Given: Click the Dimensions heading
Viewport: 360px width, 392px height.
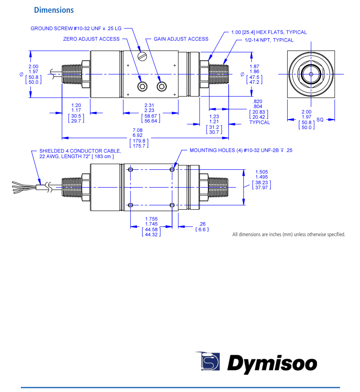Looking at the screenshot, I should tap(54, 10).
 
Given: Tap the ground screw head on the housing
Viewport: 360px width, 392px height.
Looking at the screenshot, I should tap(142, 56).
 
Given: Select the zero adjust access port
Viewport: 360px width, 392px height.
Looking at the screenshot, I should tap(142, 86).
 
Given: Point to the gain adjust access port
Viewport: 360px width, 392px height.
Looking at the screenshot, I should tap(161, 86).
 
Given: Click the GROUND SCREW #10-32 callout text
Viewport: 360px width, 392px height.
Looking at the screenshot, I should tap(76, 28).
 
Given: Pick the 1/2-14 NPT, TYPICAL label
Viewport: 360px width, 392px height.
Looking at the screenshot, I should tap(269, 40).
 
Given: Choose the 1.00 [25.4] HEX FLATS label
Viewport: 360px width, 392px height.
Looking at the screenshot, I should tap(269, 32).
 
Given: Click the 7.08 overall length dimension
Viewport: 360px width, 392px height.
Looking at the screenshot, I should tap(137, 130).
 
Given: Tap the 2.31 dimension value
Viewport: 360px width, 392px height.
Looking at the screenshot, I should tap(149, 105).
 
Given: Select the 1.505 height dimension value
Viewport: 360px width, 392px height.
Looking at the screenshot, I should tap(262, 172).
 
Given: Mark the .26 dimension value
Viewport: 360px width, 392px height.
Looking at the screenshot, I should tap(202, 223).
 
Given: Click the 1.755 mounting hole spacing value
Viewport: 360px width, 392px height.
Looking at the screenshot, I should tap(151, 219).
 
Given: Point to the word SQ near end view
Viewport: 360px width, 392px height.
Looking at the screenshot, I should tap(320, 120).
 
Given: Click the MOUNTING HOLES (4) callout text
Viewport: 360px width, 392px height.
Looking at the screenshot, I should tap(241, 150).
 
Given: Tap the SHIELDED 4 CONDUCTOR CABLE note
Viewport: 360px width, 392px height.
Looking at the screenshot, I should tap(80, 153).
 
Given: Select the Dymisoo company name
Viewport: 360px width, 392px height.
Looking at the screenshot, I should tap(272, 365).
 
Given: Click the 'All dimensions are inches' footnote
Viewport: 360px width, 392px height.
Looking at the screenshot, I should tap(289, 234).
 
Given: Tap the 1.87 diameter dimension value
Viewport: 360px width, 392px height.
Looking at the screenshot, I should tap(254, 67).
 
